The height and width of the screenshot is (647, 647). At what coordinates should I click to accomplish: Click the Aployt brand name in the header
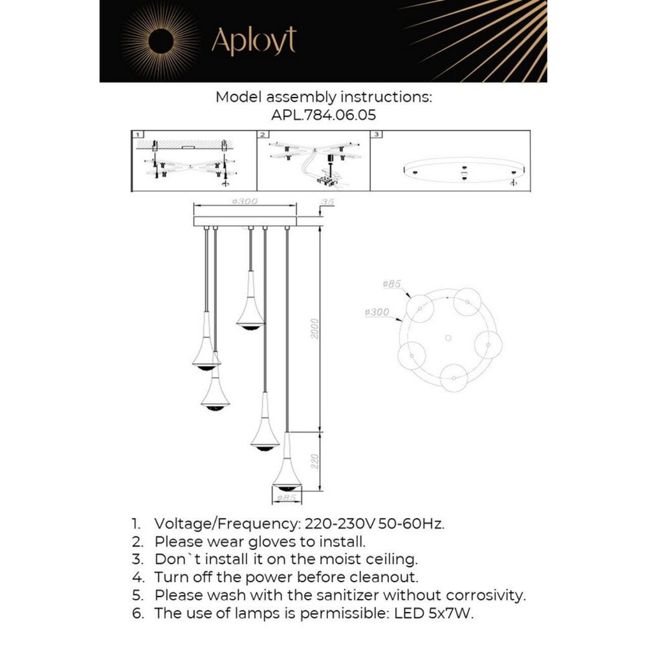[254, 41]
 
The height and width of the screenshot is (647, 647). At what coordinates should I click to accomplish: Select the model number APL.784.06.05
[323, 115]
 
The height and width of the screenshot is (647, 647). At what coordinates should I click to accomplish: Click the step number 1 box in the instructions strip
[138, 135]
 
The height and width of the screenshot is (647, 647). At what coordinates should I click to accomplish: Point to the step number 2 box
[263, 135]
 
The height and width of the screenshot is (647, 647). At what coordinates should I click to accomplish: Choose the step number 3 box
[378, 135]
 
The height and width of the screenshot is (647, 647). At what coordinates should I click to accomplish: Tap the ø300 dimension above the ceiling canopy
[245, 201]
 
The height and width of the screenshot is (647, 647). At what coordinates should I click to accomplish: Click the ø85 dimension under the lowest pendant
[285, 498]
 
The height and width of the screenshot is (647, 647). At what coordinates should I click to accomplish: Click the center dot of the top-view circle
[448, 338]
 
